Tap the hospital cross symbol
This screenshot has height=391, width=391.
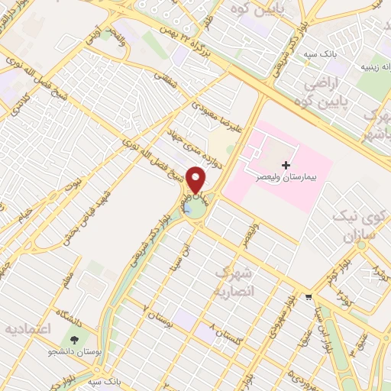click(x=286, y=165)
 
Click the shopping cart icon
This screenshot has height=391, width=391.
click(x=308, y=297)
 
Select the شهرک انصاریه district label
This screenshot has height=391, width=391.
click(x=234, y=282)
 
